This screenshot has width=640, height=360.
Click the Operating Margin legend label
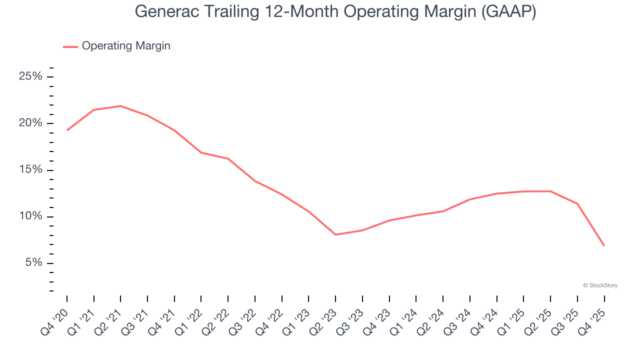click(x=126, y=46)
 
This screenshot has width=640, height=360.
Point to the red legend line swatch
click(x=70, y=46)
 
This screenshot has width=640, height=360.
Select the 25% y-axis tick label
click(x=30, y=76)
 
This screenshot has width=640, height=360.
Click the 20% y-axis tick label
click(x=30, y=123)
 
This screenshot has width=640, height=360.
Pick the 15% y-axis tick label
click(x=30, y=170)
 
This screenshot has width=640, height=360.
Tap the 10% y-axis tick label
click(x=30, y=216)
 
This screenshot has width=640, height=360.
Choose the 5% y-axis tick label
click(x=33, y=263)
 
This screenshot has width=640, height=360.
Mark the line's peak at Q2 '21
click(x=120, y=106)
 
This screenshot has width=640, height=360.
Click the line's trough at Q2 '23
click(x=335, y=234)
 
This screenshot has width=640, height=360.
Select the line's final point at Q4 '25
click(x=604, y=245)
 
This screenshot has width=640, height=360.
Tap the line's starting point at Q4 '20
click(x=67, y=130)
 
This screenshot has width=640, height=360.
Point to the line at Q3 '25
click(x=577, y=203)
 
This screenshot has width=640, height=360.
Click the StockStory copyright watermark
click(x=600, y=285)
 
